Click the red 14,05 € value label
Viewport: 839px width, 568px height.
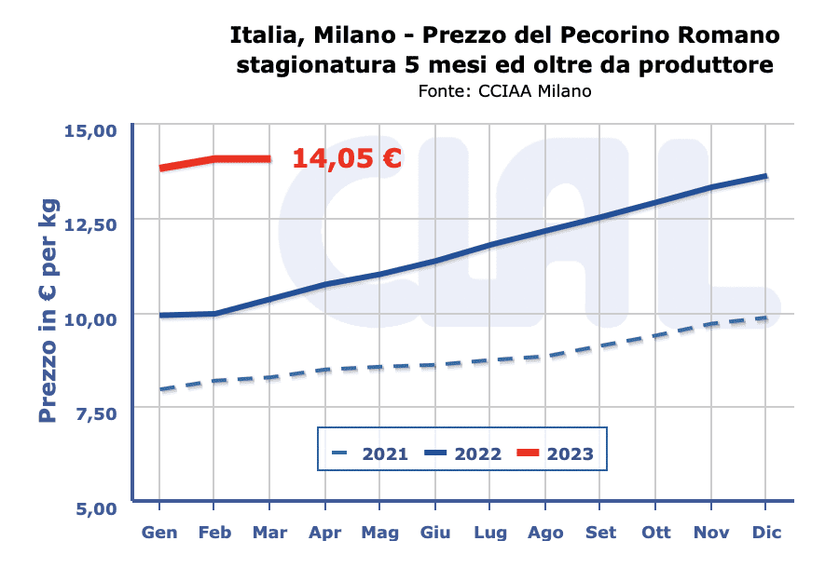[x=347, y=158]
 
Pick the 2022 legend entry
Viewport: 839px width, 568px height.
[x=463, y=454]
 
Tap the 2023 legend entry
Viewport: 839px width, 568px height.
[x=556, y=454]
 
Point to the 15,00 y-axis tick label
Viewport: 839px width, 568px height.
[x=90, y=129]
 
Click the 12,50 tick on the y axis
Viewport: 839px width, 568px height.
[x=90, y=223]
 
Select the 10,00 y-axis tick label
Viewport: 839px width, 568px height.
[x=90, y=318]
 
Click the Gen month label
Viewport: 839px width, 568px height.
[x=159, y=534]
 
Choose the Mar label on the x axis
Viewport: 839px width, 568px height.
[x=269, y=534]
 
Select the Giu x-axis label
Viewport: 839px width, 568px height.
[x=434, y=534]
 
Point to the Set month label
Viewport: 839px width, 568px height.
[x=600, y=534]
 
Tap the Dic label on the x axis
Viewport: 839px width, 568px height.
[x=766, y=534]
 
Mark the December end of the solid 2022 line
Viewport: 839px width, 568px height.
[x=765, y=176]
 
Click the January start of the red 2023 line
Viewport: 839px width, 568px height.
[x=161, y=169]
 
